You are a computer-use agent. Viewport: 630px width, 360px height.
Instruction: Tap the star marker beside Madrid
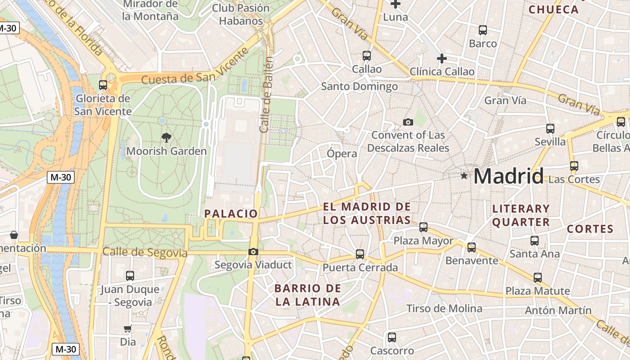pyautogui.click(x=464, y=175)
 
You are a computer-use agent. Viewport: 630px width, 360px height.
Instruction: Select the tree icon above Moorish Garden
pyautogui.click(x=166, y=137)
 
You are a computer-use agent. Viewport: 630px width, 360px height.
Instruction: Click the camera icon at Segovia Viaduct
pyautogui.click(x=253, y=252)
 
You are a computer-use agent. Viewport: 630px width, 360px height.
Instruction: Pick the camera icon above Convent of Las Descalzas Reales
pyautogui.click(x=408, y=122)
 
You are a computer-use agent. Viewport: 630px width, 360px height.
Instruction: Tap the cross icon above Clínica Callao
pyautogui.click(x=442, y=58)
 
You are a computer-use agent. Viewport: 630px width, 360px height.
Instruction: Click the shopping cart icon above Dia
pyautogui.click(x=128, y=329)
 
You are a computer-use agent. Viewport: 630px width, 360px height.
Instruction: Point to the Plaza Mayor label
pyautogui.click(x=423, y=241)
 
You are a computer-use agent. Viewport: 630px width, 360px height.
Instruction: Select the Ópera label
pyautogui.click(x=342, y=153)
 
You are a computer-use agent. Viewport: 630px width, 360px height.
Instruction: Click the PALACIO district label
pyautogui.click(x=231, y=214)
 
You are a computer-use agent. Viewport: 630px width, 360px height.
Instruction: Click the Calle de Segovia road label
pyautogui.click(x=145, y=252)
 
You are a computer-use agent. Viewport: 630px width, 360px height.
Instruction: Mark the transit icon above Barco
pyautogui.click(x=483, y=30)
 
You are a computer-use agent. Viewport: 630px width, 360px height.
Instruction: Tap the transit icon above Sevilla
pyautogui.click(x=550, y=128)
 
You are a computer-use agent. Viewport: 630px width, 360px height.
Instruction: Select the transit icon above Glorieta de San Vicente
pyautogui.click(x=103, y=85)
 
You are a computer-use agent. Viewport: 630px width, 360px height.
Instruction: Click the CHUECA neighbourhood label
pyautogui.click(x=553, y=9)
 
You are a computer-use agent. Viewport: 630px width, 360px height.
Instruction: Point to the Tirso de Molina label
pyautogui.click(x=444, y=308)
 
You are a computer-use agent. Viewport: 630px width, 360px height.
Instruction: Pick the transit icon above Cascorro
pyautogui.click(x=392, y=337)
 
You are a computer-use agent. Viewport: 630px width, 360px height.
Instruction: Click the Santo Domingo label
pyautogui.click(x=359, y=86)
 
